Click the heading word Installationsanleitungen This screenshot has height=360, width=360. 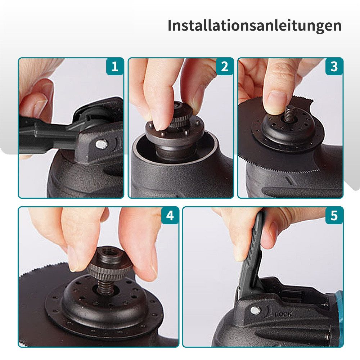tap(255, 26)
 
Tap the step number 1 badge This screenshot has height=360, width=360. tap(115, 67)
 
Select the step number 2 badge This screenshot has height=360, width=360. tap(225, 67)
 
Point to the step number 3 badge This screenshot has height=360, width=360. tap(334, 67)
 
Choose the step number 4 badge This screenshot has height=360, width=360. tap(170, 215)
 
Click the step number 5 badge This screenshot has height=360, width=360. tap(334, 215)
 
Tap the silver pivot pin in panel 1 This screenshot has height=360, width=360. tap(101, 144)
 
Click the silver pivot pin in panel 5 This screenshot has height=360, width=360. tap(256, 310)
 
